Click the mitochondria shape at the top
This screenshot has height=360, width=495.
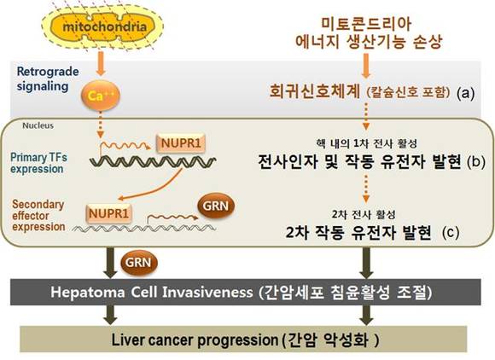[102, 27]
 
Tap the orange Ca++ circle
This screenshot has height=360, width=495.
[101, 96]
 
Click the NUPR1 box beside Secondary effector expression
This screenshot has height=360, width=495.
[108, 213]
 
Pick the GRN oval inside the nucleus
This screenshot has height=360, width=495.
[216, 206]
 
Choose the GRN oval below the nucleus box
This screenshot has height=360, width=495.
[138, 263]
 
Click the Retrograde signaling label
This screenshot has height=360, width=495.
[48, 78]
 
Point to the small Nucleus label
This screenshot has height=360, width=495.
[38, 125]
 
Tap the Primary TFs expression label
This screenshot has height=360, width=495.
[38, 163]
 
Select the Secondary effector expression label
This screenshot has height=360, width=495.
[38, 216]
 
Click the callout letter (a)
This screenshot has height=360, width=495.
[466, 93]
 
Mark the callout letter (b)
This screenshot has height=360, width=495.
[476, 162]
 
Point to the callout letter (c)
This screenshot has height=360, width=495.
[451, 233]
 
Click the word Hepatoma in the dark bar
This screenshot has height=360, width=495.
[88, 292]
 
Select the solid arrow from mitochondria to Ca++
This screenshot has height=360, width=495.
[101, 63]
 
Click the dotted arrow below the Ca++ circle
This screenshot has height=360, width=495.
[101, 125]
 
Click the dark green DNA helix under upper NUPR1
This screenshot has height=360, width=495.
[153, 161]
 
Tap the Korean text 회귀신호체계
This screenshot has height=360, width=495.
[314, 91]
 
